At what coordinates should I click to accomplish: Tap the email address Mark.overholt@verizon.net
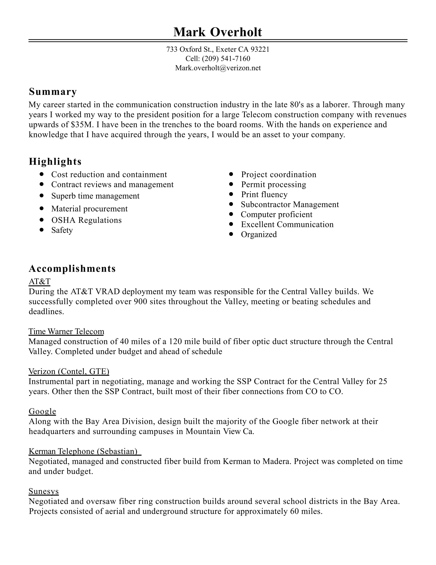(218, 68)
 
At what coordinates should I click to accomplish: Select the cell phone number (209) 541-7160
(226, 59)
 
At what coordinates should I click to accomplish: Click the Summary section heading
(53, 92)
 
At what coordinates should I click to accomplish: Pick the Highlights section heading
(55, 162)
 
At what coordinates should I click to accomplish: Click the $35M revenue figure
(81, 125)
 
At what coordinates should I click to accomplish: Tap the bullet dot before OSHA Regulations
(42, 220)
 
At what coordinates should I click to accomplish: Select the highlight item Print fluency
(264, 194)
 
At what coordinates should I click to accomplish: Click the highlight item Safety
(62, 230)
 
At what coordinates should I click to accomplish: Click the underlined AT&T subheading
(40, 281)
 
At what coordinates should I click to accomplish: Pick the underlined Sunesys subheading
(44, 491)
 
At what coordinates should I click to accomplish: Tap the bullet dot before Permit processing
(231, 184)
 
